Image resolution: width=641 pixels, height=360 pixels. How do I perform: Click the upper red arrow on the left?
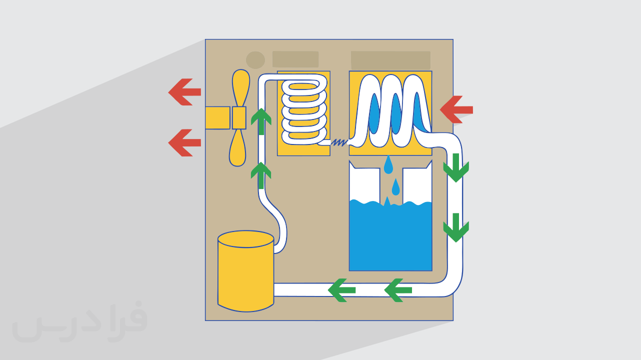coord(184,92)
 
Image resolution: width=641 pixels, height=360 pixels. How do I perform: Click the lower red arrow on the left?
coord(184,143)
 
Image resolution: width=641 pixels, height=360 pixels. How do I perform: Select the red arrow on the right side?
coord(456,109)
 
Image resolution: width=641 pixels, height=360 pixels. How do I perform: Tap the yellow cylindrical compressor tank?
coord(246,271)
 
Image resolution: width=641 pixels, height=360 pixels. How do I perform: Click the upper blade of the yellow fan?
coord(240,88)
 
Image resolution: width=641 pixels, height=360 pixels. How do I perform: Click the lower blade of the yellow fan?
coord(237,147)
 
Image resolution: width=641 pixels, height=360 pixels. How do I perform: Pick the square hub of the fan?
coord(239,118)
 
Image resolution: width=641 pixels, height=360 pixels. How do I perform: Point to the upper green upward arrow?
coord(261,121)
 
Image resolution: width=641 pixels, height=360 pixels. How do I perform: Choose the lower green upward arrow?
coord(261,175)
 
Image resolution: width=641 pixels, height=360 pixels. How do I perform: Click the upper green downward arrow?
coord(456,168)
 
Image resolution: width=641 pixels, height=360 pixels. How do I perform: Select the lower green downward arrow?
coord(456,228)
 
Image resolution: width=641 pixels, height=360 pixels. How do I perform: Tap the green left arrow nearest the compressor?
coord(341,290)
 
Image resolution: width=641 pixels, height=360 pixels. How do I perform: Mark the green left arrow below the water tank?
coord(398,290)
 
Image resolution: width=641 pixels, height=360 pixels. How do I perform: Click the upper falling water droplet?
coord(388,165)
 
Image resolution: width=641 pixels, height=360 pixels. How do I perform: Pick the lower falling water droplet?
coord(396,187)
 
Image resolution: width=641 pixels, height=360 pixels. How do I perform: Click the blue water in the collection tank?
coord(390,237)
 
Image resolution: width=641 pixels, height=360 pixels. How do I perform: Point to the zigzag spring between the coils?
coord(339,142)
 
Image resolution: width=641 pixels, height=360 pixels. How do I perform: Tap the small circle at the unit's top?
coord(255,60)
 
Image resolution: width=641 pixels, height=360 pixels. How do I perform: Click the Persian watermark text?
coord(80,322)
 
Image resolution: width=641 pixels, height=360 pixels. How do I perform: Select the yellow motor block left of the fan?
coord(218,117)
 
